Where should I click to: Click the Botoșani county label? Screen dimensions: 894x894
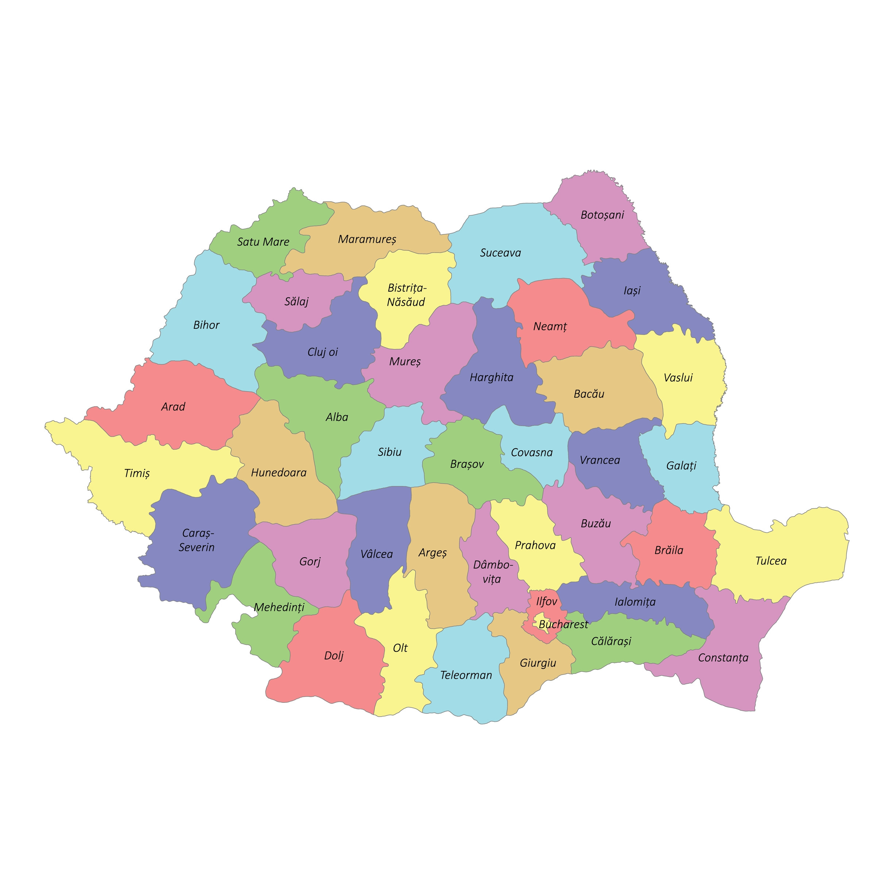602,215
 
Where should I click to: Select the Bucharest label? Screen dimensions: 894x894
563,625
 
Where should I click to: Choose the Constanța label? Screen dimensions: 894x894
723,658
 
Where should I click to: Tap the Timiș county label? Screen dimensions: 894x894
137,473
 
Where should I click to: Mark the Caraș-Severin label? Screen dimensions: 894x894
197,540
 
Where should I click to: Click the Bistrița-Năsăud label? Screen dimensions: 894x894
406,295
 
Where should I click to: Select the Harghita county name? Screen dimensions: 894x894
492,378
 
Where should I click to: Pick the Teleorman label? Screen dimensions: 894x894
466,675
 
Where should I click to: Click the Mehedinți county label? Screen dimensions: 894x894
279,608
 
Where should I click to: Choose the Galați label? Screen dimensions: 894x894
681,466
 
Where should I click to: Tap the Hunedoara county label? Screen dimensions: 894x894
278,473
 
